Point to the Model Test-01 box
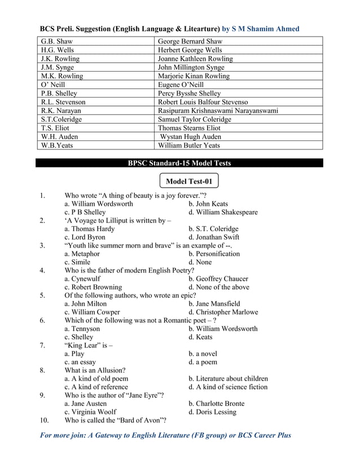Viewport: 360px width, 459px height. coord(189,180)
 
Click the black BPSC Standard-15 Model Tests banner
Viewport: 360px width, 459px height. coord(179,163)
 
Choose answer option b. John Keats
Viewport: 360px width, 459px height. coord(208,204)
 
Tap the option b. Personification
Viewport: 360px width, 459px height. coord(214,254)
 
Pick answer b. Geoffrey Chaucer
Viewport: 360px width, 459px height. coord(218,279)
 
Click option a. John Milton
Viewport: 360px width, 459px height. coord(86,303)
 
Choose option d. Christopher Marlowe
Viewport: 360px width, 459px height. coord(223,312)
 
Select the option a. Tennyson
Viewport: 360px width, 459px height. coord(82,328)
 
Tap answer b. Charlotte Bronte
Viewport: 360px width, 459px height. coord(217,403)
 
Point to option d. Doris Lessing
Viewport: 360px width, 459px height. coord(213,412)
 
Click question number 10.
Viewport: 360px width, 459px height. coord(45,420)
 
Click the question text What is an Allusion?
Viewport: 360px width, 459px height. coord(95,370)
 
